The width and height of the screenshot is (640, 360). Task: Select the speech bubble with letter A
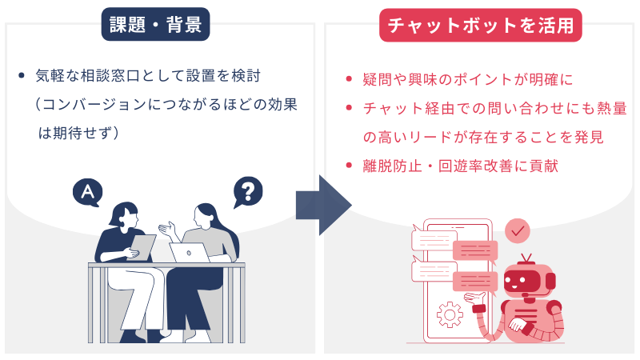87,192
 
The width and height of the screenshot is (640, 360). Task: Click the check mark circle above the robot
518,230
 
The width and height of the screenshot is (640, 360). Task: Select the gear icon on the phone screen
450,314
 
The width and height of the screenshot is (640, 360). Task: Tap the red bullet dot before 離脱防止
348,166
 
